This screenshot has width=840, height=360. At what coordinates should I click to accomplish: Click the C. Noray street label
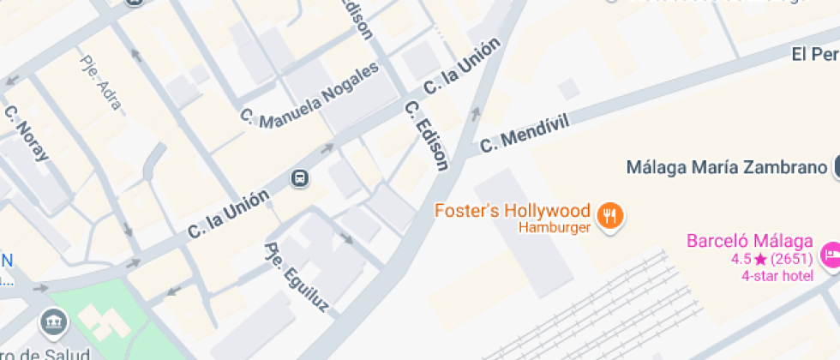coord(27,133)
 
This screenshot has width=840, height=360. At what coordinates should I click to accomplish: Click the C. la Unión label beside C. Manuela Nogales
coord(462,68)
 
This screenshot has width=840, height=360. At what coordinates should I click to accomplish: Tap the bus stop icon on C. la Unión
coord(300,178)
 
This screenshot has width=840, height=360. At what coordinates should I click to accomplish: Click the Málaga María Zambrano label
coord(725,166)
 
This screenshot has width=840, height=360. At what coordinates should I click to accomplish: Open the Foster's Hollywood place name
coord(513,211)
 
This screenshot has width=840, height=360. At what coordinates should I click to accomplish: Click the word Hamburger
coord(555,228)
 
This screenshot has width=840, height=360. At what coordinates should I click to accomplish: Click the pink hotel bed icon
coord(830,255)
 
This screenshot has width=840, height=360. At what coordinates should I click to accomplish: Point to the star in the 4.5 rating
coord(759,259)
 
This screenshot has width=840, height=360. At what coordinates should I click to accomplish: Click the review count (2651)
coord(792,259)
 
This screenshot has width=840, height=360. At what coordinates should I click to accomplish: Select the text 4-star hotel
coord(777,276)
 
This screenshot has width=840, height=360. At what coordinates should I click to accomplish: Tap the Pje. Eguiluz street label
coord(296,277)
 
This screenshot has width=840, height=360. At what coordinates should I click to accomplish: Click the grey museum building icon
coord(53,322)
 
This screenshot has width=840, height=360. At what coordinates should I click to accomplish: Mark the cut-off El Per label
coord(814,55)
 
